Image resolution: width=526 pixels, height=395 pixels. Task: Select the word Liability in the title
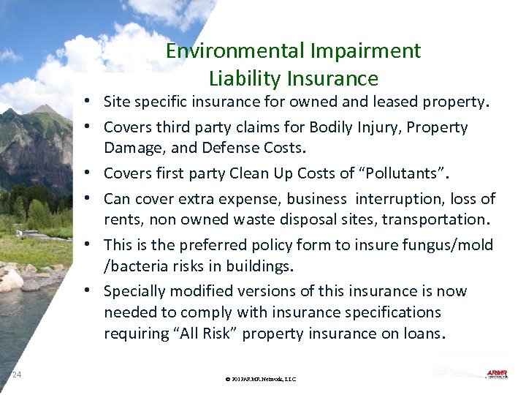pyautogui.click(x=245, y=78)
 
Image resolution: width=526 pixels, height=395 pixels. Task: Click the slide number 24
pyautogui.click(x=17, y=375)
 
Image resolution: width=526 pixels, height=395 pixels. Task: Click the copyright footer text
pyautogui.click(x=261, y=379)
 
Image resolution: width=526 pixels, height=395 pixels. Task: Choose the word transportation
pyautogui.click(x=441, y=219)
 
